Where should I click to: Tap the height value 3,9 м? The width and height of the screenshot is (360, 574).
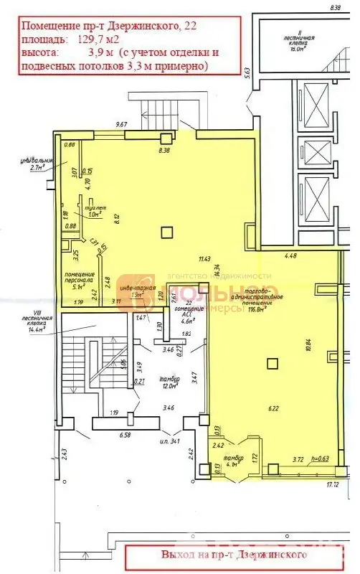[100, 52]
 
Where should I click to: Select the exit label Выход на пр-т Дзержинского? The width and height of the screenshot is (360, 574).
[235, 555]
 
